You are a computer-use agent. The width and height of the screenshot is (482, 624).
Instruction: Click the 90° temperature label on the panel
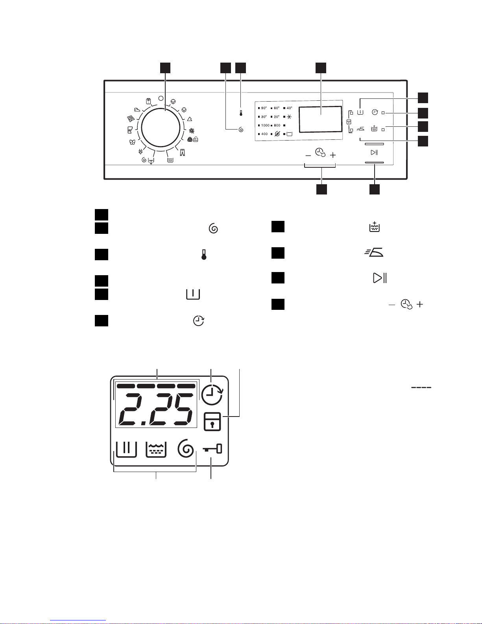(x=264, y=108)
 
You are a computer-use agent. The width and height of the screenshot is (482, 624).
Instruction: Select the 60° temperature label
(x=277, y=108)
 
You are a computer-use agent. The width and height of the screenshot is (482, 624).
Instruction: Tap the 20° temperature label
(x=277, y=117)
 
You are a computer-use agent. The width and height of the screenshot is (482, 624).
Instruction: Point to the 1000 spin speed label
(x=265, y=126)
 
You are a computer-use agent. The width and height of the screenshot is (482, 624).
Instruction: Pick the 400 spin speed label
(x=264, y=134)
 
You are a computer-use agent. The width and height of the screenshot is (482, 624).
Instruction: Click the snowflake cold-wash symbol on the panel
(x=289, y=117)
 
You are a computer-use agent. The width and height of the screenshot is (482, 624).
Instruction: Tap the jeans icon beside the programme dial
(x=183, y=152)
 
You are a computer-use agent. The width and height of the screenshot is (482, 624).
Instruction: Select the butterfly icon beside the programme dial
(x=132, y=142)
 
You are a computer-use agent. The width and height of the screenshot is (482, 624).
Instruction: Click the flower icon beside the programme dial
(x=192, y=131)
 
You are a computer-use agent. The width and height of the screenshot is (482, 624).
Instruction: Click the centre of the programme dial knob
(x=161, y=128)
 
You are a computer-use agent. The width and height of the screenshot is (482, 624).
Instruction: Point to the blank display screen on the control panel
(x=320, y=119)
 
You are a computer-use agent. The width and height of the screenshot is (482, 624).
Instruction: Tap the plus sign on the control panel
(x=333, y=156)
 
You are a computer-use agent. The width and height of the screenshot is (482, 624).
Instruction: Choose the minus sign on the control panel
(x=308, y=156)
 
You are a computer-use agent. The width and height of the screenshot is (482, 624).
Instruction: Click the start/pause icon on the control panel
(x=374, y=152)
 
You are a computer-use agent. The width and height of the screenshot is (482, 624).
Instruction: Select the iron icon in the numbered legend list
(x=374, y=252)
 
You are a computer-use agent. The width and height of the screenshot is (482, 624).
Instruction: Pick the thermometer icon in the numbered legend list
(x=204, y=255)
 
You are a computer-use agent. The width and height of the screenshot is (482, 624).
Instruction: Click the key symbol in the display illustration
(x=212, y=449)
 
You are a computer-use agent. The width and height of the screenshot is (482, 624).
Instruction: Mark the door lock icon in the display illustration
(x=212, y=422)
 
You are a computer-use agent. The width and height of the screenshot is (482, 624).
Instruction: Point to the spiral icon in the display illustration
(x=186, y=448)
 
